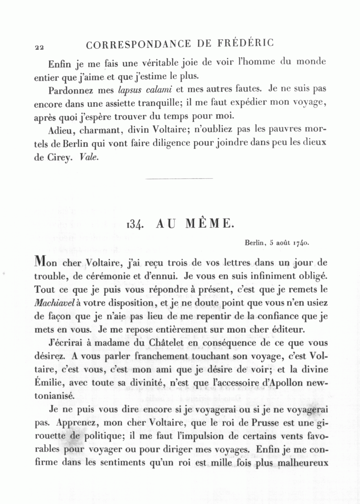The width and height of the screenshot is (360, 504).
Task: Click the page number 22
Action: click(x=39, y=47)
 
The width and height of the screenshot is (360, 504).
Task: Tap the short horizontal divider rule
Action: click(x=179, y=179)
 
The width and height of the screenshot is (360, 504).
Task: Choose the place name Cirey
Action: click(x=60, y=158)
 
